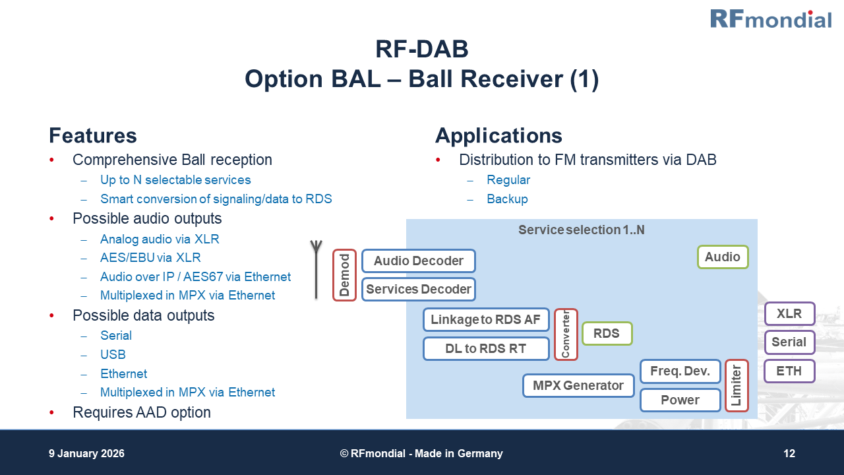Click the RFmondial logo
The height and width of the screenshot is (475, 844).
[x=770, y=18]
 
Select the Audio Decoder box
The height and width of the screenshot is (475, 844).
[x=418, y=261]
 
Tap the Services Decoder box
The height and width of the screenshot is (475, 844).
[x=418, y=289]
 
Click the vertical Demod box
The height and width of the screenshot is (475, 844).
[x=344, y=275]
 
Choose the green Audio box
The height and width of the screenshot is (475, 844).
[x=723, y=257]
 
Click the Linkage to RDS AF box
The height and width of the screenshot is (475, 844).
[x=485, y=320]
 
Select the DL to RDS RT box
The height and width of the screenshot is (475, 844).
[x=485, y=349]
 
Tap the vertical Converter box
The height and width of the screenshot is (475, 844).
[x=566, y=334]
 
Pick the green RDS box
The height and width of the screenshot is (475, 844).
[x=607, y=334]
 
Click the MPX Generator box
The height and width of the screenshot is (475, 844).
[x=578, y=385]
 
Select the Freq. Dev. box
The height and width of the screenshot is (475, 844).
[x=680, y=371]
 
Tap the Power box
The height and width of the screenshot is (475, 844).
[x=680, y=400]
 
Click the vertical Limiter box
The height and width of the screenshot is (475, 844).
[x=737, y=385]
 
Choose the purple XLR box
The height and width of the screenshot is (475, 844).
[x=789, y=314]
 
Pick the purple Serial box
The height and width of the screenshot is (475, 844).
[x=789, y=342]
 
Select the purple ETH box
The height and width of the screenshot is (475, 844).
[x=789, y=371]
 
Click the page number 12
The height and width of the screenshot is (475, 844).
[x=789, y=454]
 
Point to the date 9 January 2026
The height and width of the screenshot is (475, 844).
[x=86, y=454]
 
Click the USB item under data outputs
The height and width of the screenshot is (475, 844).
[x=113, y=354]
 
